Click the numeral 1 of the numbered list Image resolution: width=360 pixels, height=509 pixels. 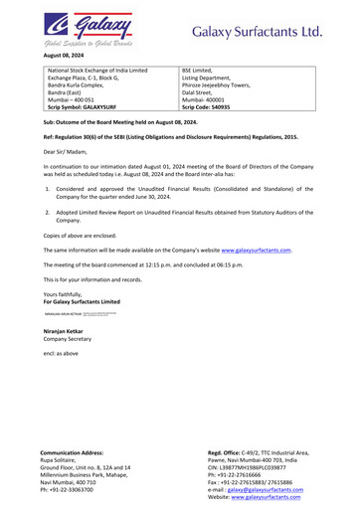coord(48,186)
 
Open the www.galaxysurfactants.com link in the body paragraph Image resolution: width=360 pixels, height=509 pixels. coord(256,250)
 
